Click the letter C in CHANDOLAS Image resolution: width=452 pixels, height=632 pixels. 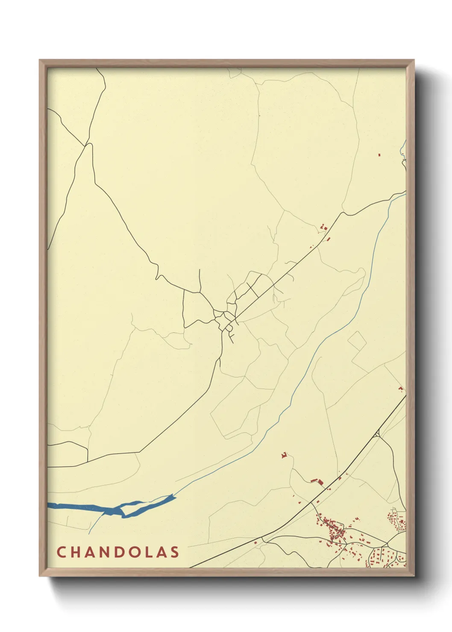coord(61,552)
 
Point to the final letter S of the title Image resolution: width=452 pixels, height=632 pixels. coord(175,552)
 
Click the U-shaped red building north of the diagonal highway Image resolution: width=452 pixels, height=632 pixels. coord(283,456)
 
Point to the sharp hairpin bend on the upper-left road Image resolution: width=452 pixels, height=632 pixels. coord(89,145)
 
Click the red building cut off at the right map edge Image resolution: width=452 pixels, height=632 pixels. coord(401,389)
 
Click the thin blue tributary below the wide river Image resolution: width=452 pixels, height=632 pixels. coord(96,523)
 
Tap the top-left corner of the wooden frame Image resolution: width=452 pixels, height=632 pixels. coord(41,61)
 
